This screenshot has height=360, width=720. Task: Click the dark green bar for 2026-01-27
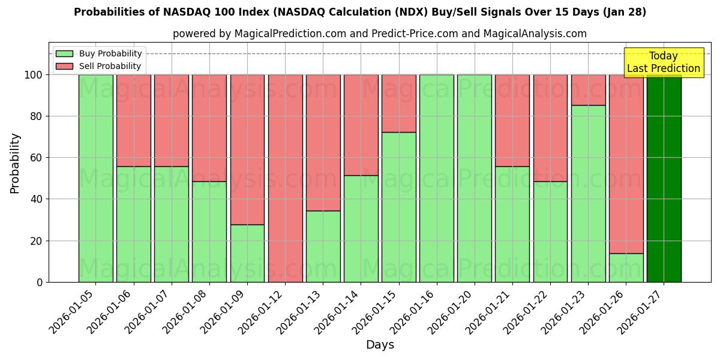click(x=664, y=178)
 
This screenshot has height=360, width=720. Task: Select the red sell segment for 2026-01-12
click(x=285, y=178)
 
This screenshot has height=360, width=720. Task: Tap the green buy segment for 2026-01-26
click(x=626, y=268)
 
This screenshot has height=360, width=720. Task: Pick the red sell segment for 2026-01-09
click(x=247, y=149)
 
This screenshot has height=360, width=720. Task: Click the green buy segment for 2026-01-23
click(x=588, y=193)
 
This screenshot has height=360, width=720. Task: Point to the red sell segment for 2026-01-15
click(x=399, y=103)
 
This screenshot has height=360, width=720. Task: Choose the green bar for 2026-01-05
click(x=95, y=178)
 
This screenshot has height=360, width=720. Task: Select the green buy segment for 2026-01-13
click(x=323, y=246)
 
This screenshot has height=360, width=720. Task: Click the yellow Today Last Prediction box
click(x=663, y=62)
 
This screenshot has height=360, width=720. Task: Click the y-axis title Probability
click(x=15, y=163)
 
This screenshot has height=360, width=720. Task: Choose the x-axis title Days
click(x=380, y=345)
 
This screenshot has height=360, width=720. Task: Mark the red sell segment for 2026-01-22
click(x=550, y=128)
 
